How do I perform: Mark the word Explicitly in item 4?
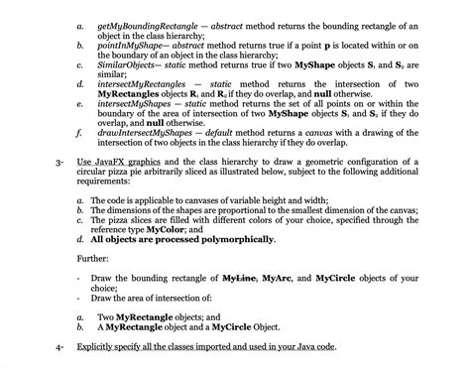[98, 349]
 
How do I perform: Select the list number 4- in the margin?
[60, 349]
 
